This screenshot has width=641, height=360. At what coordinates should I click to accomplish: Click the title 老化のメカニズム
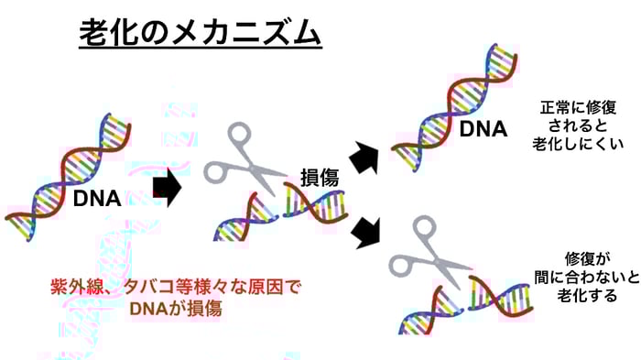click(200, 34)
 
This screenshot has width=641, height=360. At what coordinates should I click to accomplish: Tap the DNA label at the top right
click(483, 129)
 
